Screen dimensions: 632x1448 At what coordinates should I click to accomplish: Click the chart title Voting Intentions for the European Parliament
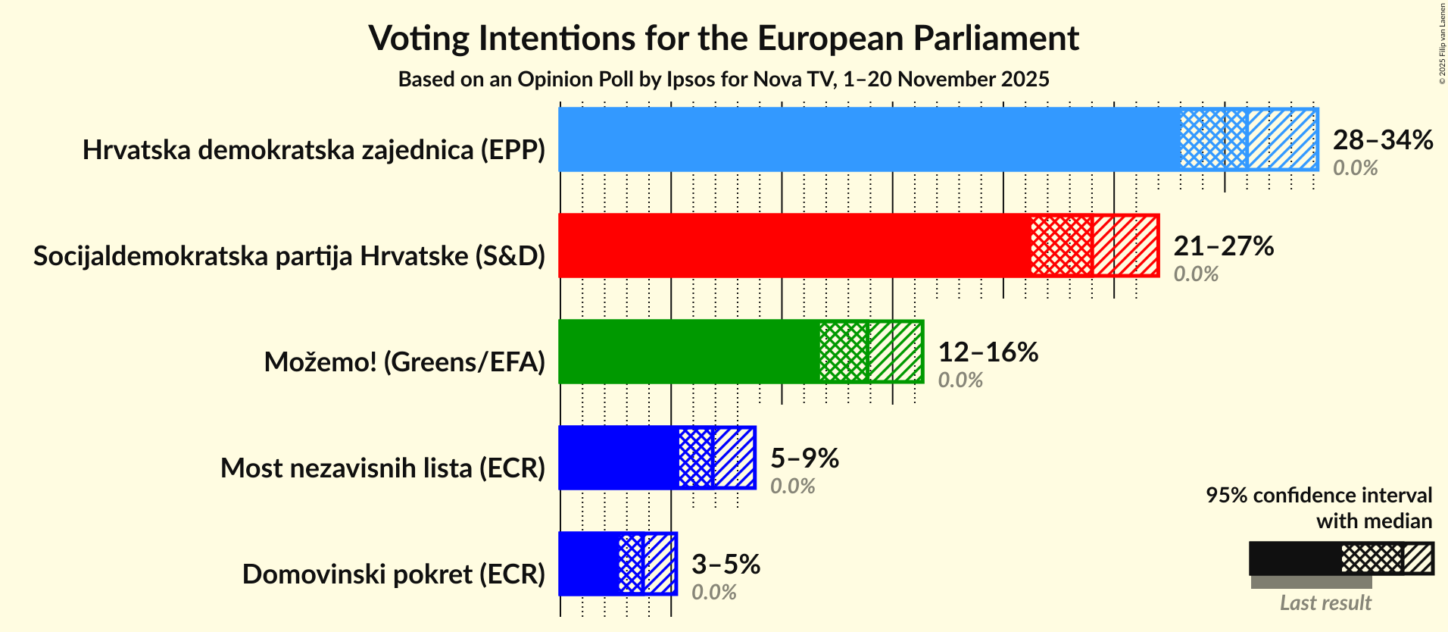pyautogui.click(x=723, y=39)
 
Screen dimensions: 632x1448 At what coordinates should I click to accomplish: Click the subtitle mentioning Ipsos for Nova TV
pyautogui.click(x=723, y=80)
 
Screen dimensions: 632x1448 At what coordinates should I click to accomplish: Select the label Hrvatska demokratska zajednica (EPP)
pyautogui.click(x=314, y=150)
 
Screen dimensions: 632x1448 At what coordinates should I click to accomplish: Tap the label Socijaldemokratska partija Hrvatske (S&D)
pyautogui.click(x=289, y=256)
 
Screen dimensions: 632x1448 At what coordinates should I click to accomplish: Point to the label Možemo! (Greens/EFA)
pyautogui.click(x=404, y=362)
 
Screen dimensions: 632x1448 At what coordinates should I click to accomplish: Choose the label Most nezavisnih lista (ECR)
pyautogui.click(x=382, y=468)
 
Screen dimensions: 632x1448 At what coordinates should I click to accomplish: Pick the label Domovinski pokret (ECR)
pyautogui.click(x=393, y=574)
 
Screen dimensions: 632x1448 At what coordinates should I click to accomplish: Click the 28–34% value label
pyautogui.click(x=1382, y=139)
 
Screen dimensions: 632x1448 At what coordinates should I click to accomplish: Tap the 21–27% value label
pyautogui.click(x=1223, y=246)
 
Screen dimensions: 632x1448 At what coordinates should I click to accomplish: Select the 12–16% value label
pyautogui.click(x=988, y=352)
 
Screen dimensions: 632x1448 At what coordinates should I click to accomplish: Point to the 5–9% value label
pyautogui.click(x=804, y=458)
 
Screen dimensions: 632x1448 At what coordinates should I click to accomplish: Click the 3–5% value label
pyautogui.click(x=726, y=564)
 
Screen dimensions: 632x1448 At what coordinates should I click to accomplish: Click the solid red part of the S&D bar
pyautogui.click(x=795, y=246)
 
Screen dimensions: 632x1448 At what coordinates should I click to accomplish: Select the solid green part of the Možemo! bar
pyautogui.click(x=689, y=352)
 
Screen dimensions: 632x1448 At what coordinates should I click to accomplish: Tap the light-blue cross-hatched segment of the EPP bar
pyautogui.click(x=1213, y=139)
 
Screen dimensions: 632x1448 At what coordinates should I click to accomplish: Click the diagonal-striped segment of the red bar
pyautogui.click(x=1125, y=246)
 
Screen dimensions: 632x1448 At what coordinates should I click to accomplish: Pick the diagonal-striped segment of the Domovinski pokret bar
pyautogui.click(x=659, y=564)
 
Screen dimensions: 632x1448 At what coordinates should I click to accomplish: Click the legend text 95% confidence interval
pyautogui.click(x=1318, y=496)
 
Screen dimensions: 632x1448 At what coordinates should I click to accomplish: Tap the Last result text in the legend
pyautogui.click(x=1325, y=603)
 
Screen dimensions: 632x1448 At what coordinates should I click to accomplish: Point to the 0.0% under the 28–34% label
pyautogui.click(x=1355, y=168)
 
